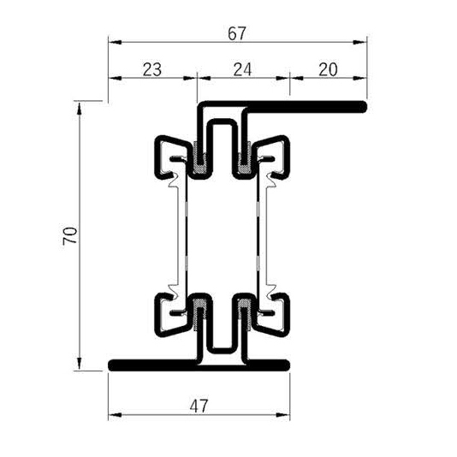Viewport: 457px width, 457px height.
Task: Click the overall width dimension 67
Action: pyautogui.click(x=238, y=33)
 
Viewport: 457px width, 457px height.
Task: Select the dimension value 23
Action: pyautogui.click(x=151, y=71)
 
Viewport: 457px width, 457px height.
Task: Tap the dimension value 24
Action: pyautogui.click(x=242, y=71)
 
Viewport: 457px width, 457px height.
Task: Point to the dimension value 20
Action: pyautogui.click(x=327, y=71)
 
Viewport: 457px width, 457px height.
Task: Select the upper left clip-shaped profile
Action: pyautogui.click(x=171, y=157)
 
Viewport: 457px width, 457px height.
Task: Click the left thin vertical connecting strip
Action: pyautogui.click(x=179, y=235)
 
